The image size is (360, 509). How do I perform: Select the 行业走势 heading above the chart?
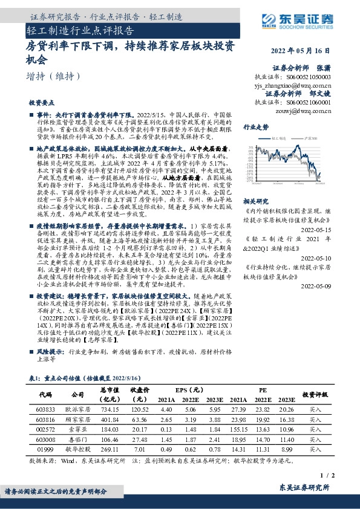(255, 128)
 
